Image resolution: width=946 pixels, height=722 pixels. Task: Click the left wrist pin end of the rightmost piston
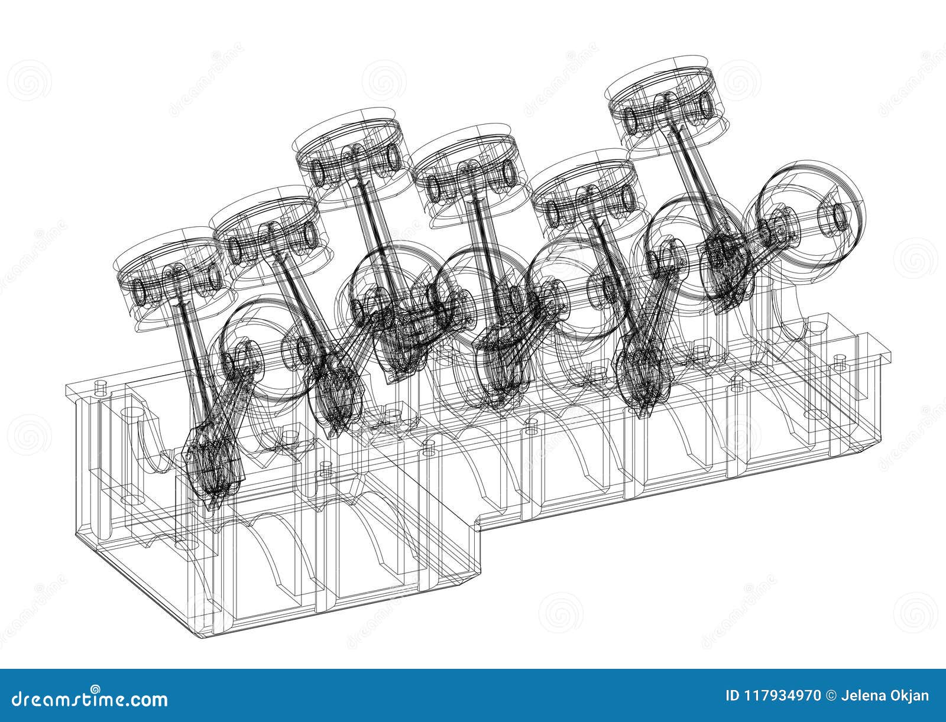point(630,122)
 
